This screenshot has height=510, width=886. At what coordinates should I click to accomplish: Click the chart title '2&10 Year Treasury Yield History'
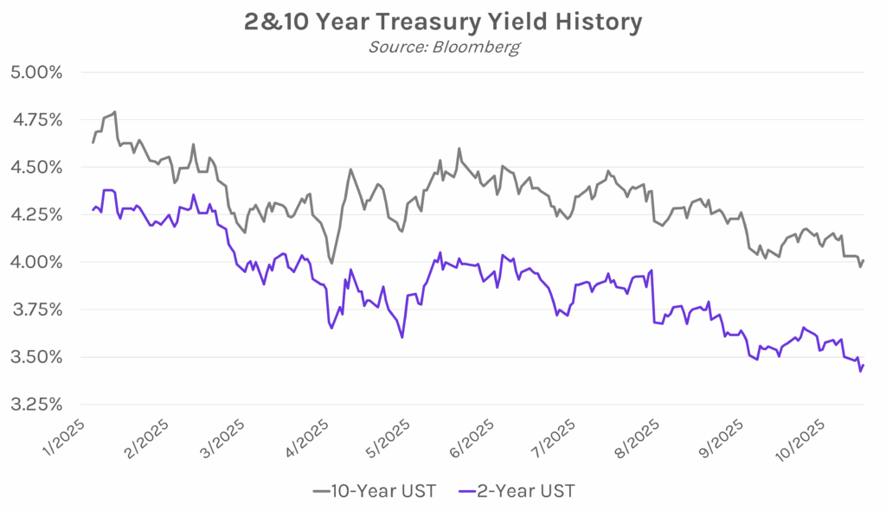[443, 21]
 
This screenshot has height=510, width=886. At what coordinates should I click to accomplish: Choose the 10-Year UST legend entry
[374, 491]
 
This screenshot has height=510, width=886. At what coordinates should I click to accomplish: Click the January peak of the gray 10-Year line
[115, 112]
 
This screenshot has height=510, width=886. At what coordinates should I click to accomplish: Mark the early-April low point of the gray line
[331, 264]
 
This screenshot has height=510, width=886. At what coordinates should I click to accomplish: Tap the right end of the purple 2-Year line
[864, 366]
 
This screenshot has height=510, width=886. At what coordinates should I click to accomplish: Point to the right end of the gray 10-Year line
[864, 260]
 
